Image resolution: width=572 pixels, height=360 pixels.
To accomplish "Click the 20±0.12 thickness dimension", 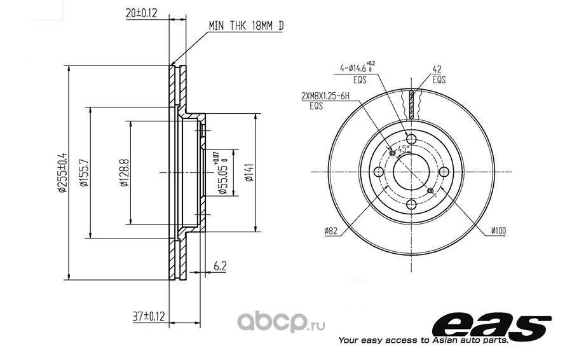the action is click(x=141, y=13).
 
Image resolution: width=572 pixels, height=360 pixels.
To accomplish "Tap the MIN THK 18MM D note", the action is click(x=246, y=25).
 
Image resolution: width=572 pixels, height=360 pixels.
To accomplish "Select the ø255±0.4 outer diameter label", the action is click(x=62, y=172).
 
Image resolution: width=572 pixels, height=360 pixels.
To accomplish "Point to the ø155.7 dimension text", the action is click(x=84, y=173).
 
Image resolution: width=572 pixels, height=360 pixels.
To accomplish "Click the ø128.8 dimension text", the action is click(x=125, y=173).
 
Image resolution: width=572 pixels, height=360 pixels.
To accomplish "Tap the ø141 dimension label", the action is click(x=249, y=173).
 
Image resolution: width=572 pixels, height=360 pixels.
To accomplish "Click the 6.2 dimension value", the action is click(x=220, y=266).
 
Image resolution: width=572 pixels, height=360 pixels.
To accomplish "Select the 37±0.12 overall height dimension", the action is click(x=149, y=315).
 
